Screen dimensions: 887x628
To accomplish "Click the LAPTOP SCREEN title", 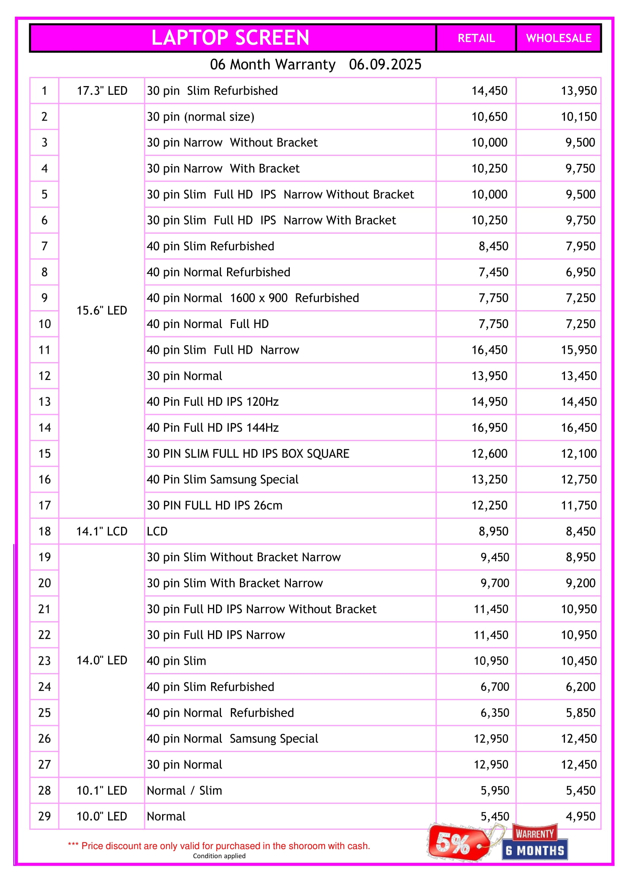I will pyautogui.click(x=230, y=38).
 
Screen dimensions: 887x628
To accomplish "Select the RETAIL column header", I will pyautogui.click(x=476, y=38).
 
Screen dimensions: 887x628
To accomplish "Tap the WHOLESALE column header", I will pyautogui.click(x=559, y=38).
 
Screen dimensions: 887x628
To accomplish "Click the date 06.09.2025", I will pyautogui.click(x=385, y=64).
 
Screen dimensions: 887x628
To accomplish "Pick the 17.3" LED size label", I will pyautogui.click(x=102, y=91).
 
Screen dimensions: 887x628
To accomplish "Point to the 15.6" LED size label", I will pyautogui.click(x=102, y=311).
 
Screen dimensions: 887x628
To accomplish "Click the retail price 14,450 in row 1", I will pyautogui.click(x=489, y=91).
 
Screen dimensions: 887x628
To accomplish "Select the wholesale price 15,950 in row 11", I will pyautogui.click(x=579, y=350).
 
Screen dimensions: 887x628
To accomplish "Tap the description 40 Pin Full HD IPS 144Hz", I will pyautogui.click(x=213, y=428).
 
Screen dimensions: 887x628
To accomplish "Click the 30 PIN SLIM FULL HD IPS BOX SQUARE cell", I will pyautogui.click(x=248, y=454).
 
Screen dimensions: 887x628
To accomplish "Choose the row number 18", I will pyautogui.click(x=44, y=531).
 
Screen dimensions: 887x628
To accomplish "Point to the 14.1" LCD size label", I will pyautogui.click(x=102, y=531).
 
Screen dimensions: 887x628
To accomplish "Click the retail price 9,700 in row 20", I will pyautogui.click(x=495, y=583).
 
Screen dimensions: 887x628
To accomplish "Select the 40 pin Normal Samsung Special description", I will pyautogui.click(x=232, y=739).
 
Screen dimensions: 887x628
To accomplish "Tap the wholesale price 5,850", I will pyautogui.click(x=581, y=713).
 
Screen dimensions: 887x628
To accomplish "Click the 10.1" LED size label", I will pyautogui.click(x=102, y=790).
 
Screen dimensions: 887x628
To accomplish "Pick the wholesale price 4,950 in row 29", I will pyautogui.click(x=581, y=816).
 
